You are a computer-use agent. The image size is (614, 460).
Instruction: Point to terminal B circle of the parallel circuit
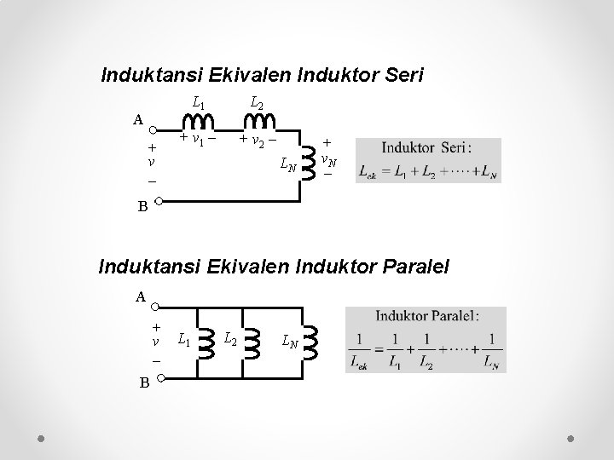159,381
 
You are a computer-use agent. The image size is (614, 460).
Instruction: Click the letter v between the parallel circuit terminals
154,342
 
